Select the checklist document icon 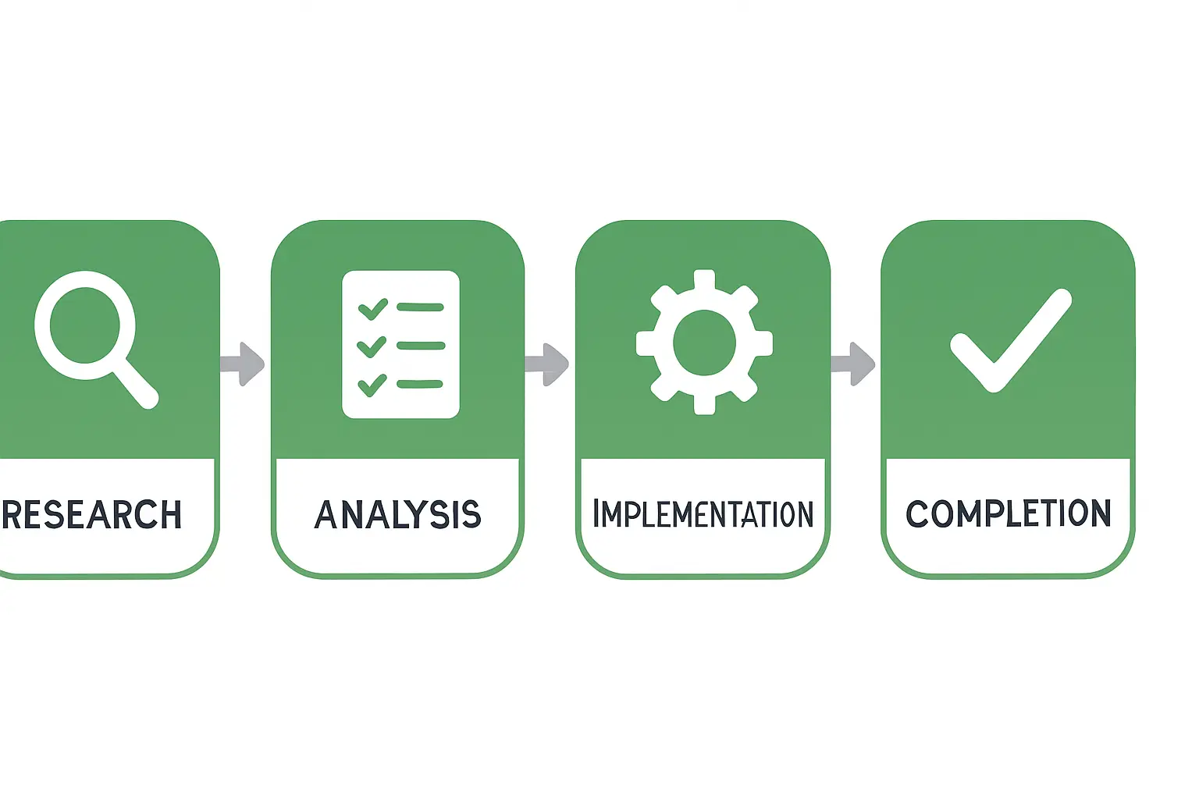(400, 344)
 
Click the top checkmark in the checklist (372, 309)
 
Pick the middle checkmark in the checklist (372, 346)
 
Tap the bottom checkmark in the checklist (372, 385)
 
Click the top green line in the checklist (420, 307)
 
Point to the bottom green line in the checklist (420, 384)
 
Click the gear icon (704, 342)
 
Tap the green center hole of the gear (704, 342)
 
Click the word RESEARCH (92, 514)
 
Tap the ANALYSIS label (397, 514)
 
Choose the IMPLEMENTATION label (703, 514)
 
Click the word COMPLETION (1008, 513)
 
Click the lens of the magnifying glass (84, 325)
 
